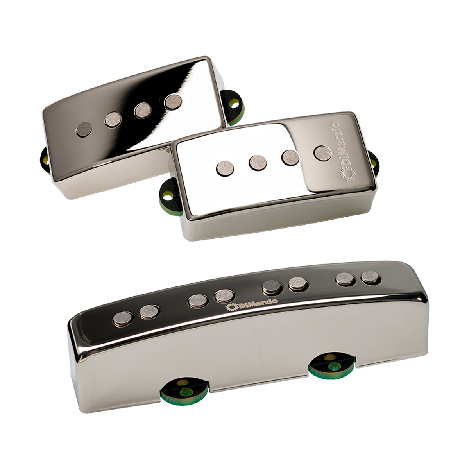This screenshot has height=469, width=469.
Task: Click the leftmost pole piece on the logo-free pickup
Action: click(84, 129)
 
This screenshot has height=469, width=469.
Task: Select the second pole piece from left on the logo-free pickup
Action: click(113, 119)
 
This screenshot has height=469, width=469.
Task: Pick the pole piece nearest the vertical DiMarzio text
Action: click(323, 154)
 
